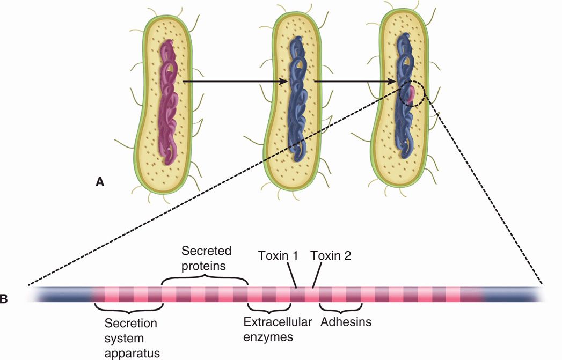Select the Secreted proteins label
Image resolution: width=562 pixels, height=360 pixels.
pos(206,259)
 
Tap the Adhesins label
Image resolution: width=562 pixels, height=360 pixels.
pos(346,322)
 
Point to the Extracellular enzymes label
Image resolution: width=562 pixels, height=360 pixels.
pos(270,329)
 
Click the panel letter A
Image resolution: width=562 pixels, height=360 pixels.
pos(99,182)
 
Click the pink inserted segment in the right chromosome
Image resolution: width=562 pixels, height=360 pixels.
pos(411,95)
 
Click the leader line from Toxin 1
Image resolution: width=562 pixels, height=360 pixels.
pos(293,278)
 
